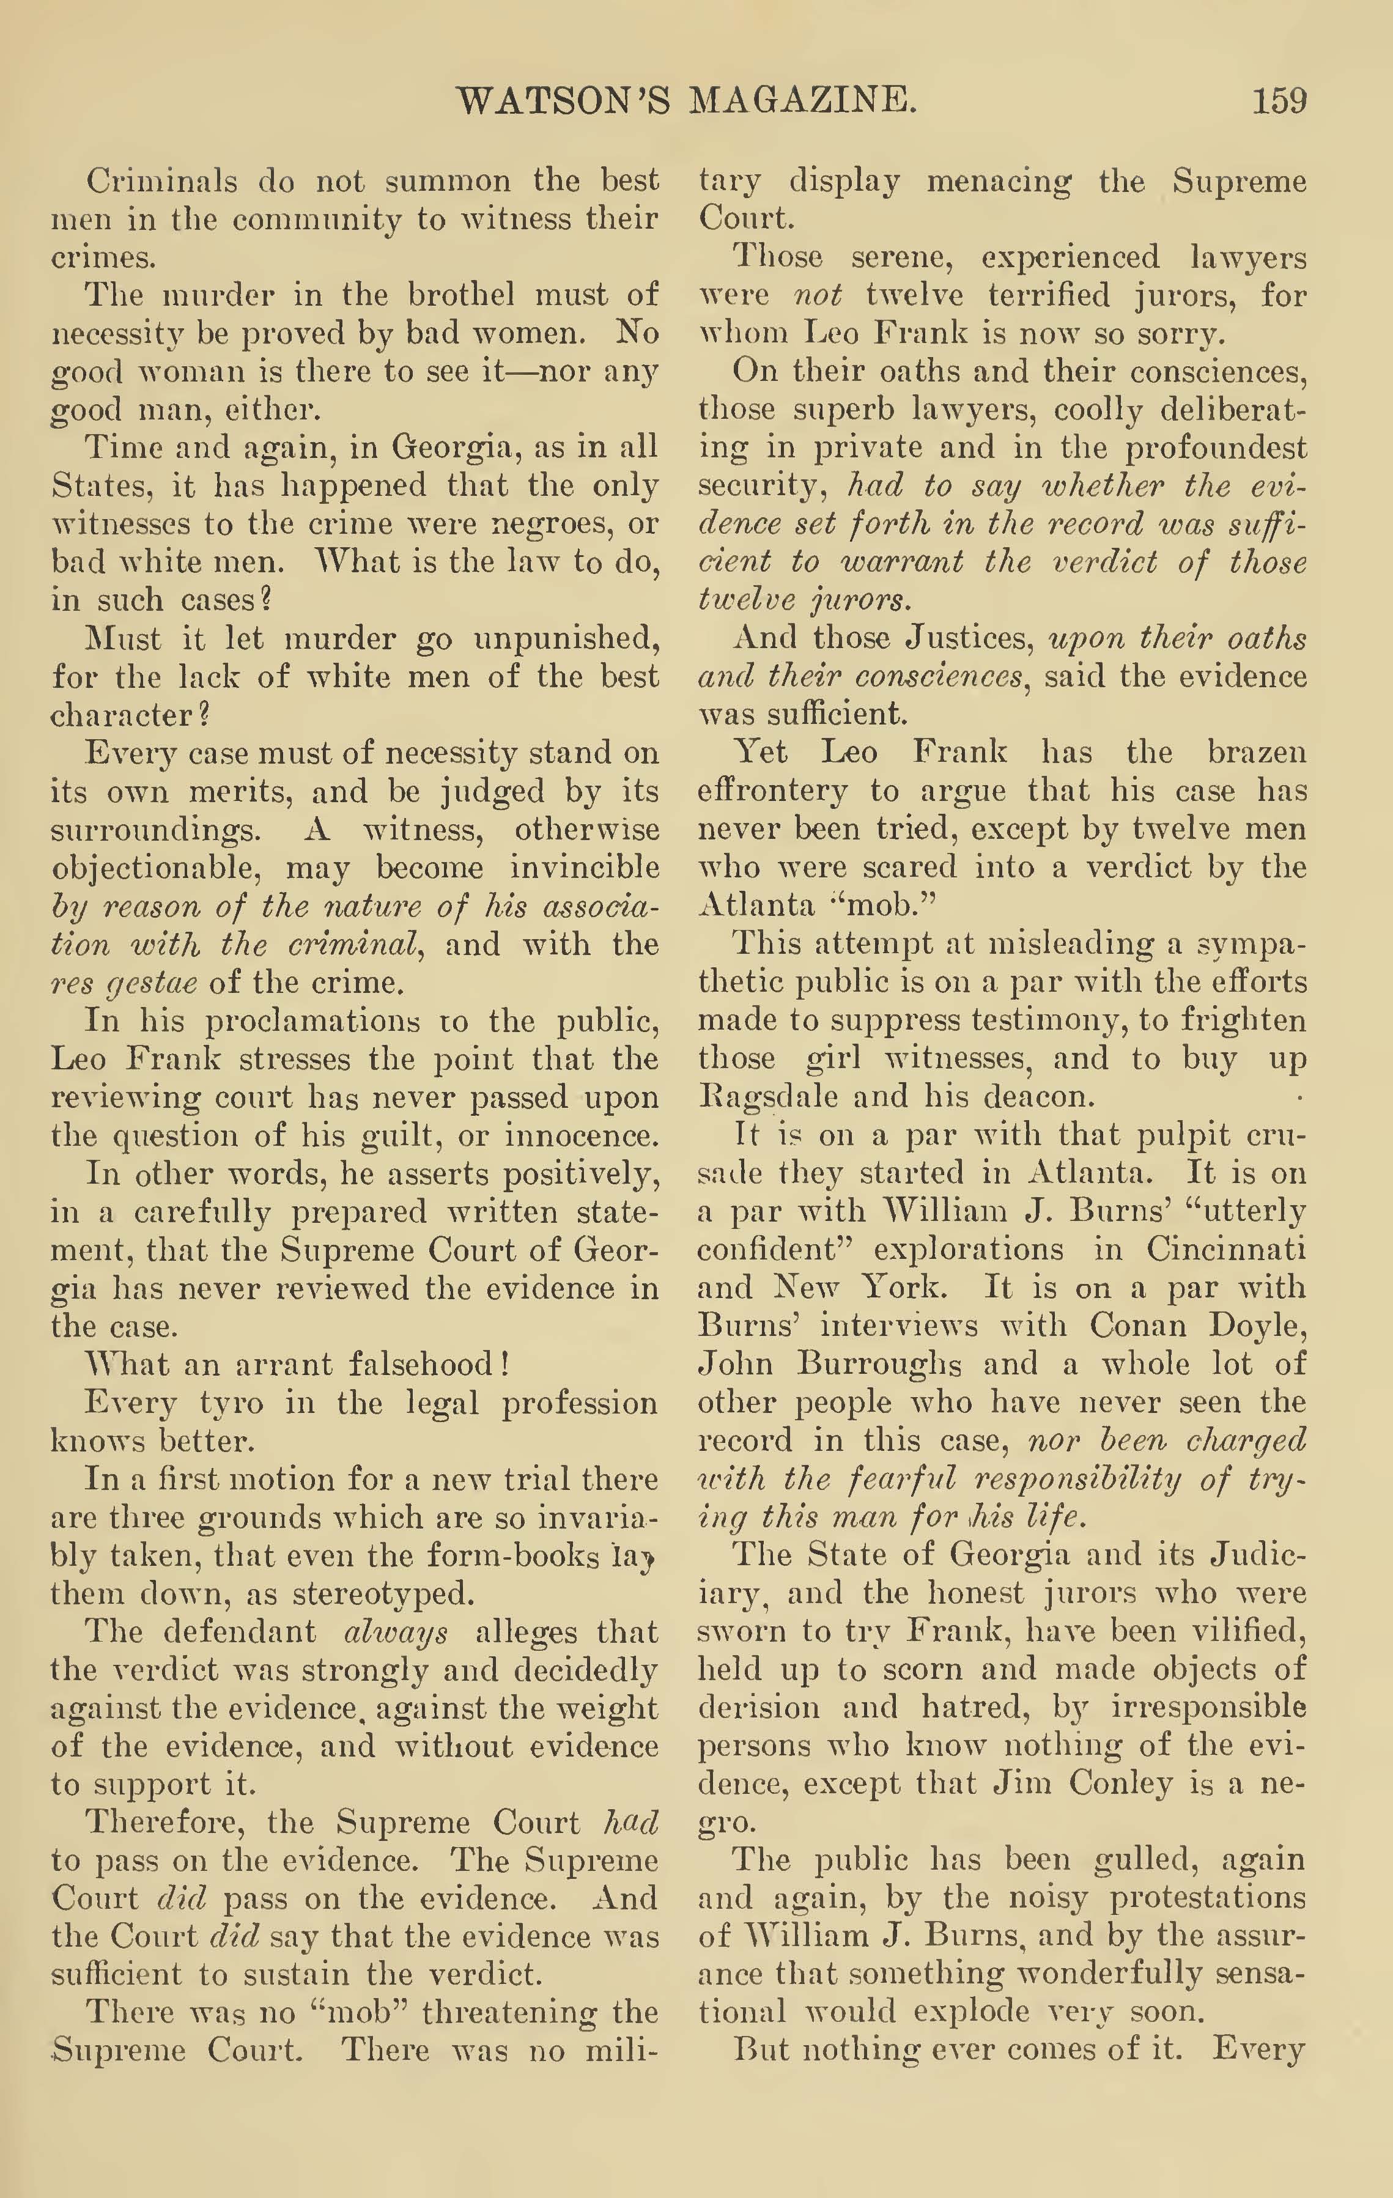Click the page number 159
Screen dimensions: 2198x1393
click(1279, 100)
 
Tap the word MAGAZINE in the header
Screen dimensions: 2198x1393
click(802, 100)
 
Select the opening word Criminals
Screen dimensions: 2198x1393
click(161, 181)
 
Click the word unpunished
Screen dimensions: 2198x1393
click(566, 639)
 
